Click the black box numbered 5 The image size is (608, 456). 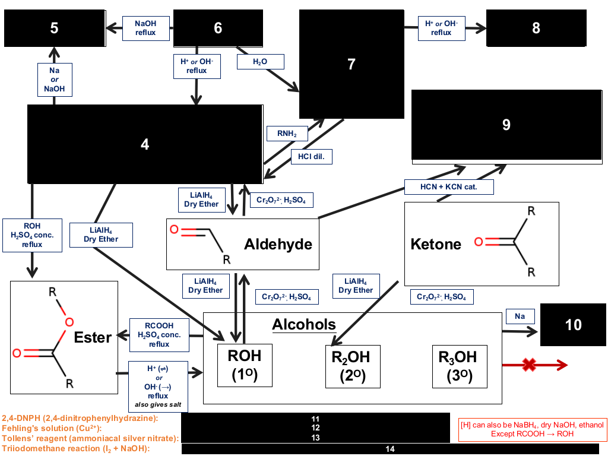click(x=55, y=28)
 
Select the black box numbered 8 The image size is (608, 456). click(x=536, y=28)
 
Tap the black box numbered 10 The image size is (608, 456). click(x=573, y=325)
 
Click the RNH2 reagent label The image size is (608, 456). click(x=287, y=134)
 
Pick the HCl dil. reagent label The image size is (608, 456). click(x=311, y=157)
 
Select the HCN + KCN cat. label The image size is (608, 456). click(x=449, y=187)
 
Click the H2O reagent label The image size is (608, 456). click(x=260, y=62)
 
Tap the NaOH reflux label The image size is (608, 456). click(x=146, y=28)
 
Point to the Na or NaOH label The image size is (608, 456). click(x=55, y=80)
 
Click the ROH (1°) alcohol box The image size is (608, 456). click(x=245, y=365)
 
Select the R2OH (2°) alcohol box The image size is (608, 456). click(x=353, y=366)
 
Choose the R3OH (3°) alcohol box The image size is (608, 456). click(x=460, y=366)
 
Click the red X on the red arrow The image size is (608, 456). click(x=529, y=365)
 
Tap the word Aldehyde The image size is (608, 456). click(x=278, y=244)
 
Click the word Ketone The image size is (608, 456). click(x=436, y=244)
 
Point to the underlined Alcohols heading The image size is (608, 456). click(x=303, y=325)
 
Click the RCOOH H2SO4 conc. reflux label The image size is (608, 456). click(x=159, y=335)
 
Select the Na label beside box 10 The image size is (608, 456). click(x=520, y=316)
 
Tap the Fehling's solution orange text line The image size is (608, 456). click(x=52, y=429)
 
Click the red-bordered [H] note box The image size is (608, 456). click(x=532, y=430)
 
